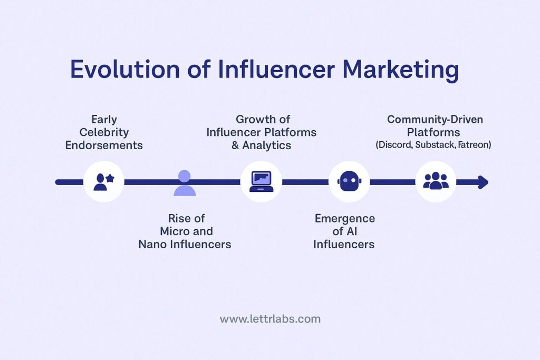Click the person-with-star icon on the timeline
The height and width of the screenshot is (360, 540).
pos(104,182)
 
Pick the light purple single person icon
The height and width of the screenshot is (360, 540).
pos(184,183)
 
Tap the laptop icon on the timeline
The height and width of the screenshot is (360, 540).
pos(261,182)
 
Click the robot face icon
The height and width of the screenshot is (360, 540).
pos(349,182)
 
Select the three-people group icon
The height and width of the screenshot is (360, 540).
pos(436,181)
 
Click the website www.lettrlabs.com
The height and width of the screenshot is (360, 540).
pos(270,319)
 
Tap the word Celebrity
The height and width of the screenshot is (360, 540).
pos(104,132)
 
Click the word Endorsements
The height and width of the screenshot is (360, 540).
pos(104,145)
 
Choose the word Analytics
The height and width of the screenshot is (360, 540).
pos(267,145)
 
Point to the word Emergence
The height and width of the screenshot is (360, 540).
pos(345,218)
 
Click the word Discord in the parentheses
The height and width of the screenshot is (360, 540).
pos(393,144)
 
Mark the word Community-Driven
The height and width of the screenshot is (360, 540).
pos(435,119)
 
